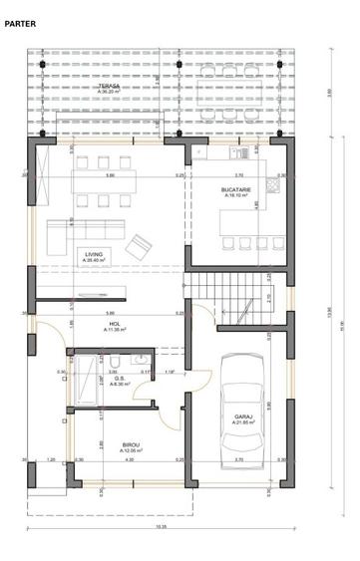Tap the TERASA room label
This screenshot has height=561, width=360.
click(110, 86)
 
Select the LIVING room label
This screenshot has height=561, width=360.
click(95, 253)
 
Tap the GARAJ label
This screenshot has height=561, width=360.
click(243, 417)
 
